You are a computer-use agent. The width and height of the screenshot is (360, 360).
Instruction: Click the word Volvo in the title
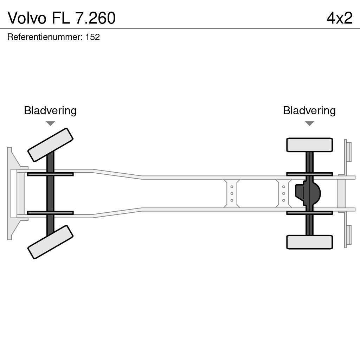pos(27,18)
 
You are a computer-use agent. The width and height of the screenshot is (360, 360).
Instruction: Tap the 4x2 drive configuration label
pos(339,18)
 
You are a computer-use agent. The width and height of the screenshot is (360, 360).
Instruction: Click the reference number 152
pos(92,37)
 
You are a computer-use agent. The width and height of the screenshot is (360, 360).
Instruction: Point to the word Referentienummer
pos(45,37)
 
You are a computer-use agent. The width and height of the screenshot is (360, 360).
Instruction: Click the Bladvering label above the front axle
pos(50,110)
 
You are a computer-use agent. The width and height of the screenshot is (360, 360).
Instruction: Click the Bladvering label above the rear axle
pos(309,110)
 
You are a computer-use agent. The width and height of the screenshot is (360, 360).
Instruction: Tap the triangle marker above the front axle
pos(50,123)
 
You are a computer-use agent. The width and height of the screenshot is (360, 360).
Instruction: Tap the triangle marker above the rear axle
pos(309,123)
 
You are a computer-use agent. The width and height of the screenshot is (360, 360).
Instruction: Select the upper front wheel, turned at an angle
pos(50,145)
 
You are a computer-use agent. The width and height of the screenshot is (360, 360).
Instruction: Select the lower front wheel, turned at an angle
pos(50,242)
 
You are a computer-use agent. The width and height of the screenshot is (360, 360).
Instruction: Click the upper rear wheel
pos(309,145)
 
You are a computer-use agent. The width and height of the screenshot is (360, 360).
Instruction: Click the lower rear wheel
pos(309,242)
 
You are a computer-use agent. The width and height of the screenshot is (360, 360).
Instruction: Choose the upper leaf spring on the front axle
pos(50,174)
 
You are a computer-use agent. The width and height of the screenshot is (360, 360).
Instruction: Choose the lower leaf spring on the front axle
pos(50,213)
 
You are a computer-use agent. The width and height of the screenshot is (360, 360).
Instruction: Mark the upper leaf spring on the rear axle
pos(309,174)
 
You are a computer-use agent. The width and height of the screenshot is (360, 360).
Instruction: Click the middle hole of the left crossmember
pos(232,193)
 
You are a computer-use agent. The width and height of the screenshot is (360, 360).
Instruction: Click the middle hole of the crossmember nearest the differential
pos(283,193)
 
